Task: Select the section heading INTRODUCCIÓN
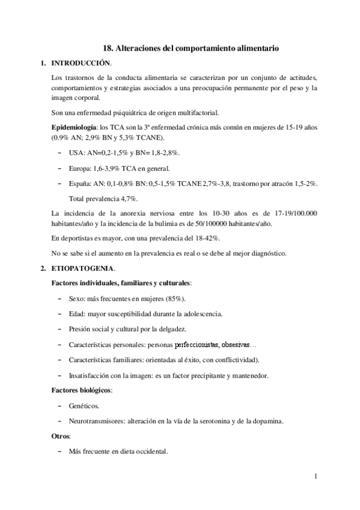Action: click(81, 63)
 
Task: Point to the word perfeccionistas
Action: click(197, 345)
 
